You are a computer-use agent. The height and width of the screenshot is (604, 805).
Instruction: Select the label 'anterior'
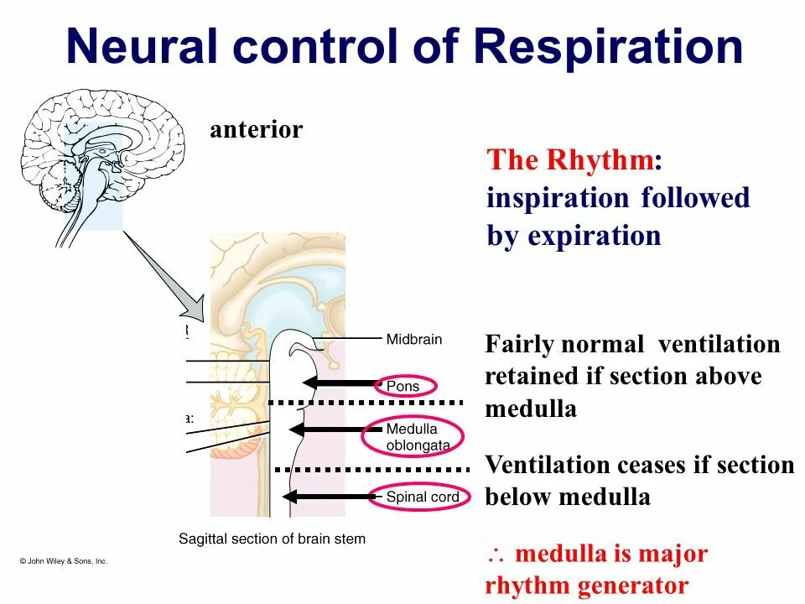pos(256,130)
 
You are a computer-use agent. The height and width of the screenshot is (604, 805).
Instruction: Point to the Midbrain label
pos(413,340)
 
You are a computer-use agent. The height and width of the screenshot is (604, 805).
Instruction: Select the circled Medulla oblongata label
pos(417,436)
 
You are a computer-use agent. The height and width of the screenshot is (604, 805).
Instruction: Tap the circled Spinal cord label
pos(422,497)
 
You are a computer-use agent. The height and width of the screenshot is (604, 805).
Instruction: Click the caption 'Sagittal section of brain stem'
pos(273,539)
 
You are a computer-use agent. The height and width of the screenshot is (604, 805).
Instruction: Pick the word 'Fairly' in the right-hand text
pos(521,344)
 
